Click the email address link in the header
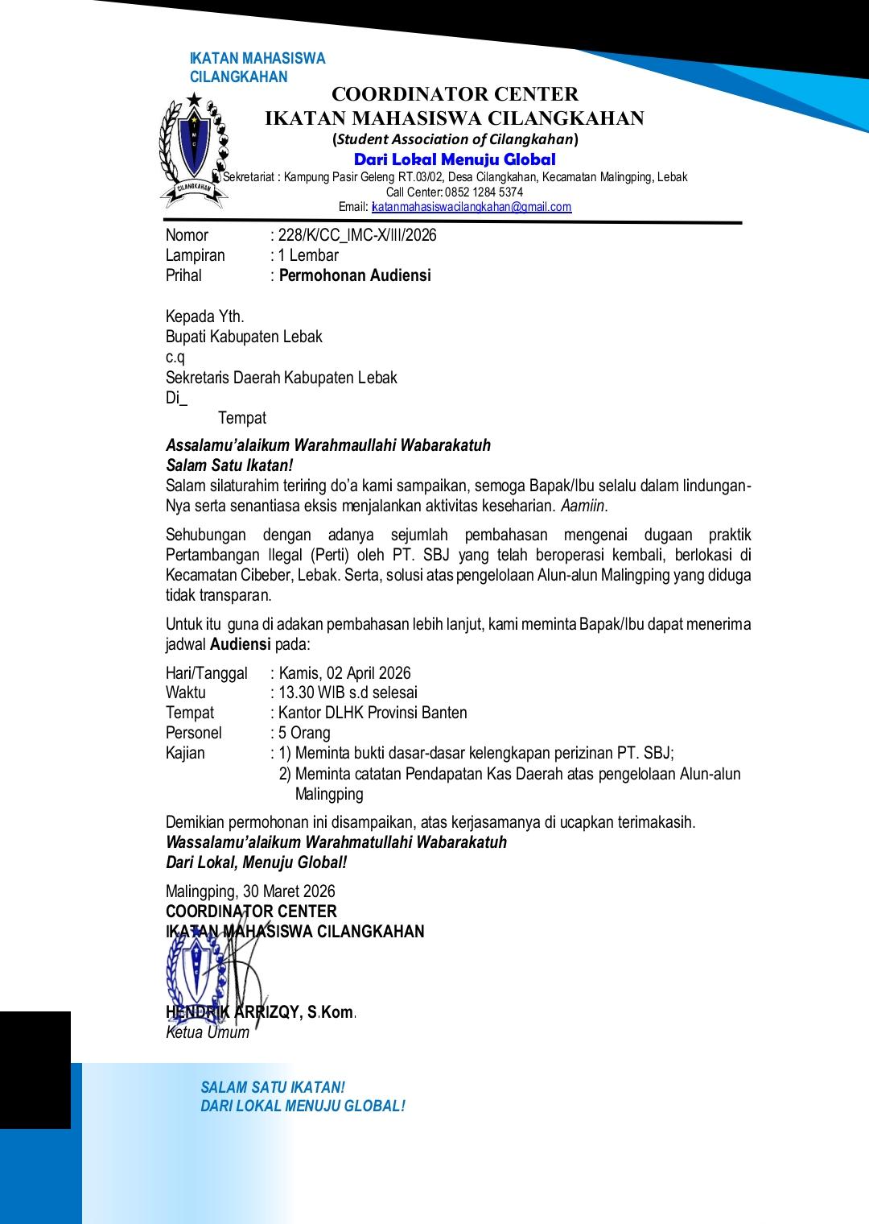tap(472, 207)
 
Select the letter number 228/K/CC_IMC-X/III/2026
tap(357, 235)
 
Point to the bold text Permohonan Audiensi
tap(355, 275)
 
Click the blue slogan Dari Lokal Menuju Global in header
tap(455, 159)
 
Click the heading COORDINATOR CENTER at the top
tap(455, 95)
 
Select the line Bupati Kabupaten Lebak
tap(244, 337)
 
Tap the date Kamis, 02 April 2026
tap(344, 673)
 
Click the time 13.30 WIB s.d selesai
tap(348, 693)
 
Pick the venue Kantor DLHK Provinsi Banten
tap(373, 713)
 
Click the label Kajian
tap(185, 753)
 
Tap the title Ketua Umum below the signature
tap(208, 1032)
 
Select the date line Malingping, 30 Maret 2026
tap(250, 891)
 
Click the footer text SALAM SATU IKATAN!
tap(273, 1087)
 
